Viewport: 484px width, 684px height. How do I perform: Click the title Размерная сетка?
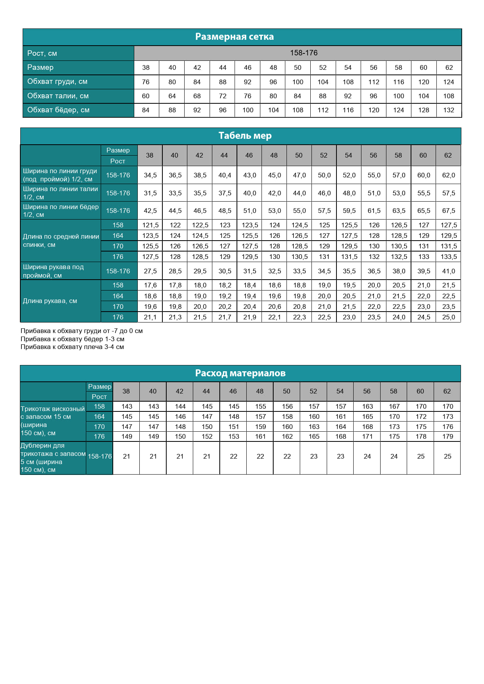[234, 37]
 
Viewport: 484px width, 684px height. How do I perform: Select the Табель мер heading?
[245, 136]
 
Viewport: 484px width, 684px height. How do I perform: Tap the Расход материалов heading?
[240, 373]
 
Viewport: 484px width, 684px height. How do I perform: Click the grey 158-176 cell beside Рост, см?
[303, 53]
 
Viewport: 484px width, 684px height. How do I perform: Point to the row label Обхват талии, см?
[58, 96]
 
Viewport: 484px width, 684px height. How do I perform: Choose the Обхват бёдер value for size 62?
[448, 110]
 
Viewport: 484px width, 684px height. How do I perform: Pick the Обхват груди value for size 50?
[297, 82]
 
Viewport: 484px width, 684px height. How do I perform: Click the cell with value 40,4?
[224, 175]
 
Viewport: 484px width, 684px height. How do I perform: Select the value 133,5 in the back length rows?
[448, 257]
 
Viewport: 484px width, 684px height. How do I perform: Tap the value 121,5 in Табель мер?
[150, 225]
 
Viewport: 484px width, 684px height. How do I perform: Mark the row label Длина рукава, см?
[50, 301]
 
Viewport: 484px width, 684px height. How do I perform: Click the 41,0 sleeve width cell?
[448, 271]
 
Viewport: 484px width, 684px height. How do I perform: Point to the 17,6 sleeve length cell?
[150, 285]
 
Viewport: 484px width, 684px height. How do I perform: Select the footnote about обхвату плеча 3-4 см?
[72, 347]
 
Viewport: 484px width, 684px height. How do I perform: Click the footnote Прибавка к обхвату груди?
[82, 331]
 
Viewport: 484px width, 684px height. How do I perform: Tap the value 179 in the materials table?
[447, 436]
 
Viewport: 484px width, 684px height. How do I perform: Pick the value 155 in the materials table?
[260, 406]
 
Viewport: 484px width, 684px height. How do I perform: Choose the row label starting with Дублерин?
[53, 457]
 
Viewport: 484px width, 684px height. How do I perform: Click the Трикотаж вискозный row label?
[53, 421]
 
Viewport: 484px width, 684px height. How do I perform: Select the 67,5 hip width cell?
[448, 211]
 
